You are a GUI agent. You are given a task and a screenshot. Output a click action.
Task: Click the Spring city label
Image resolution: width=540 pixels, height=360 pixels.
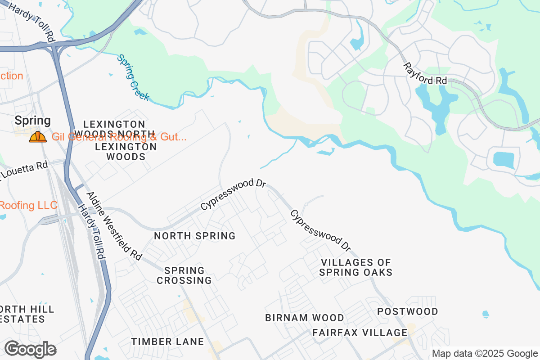tap(32, 121)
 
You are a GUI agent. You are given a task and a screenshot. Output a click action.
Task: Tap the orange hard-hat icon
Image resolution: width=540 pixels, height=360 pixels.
tap(38, 137)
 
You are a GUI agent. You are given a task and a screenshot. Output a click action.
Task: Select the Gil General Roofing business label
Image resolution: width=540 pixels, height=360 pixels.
tap(119, 137)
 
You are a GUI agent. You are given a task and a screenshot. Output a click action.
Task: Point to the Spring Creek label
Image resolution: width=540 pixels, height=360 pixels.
tap(133, 77)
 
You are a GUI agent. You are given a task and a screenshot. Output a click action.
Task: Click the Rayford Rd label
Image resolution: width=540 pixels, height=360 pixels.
tap(425, 74)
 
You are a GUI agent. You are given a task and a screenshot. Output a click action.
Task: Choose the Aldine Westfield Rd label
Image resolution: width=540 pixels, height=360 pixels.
tap(114, 226)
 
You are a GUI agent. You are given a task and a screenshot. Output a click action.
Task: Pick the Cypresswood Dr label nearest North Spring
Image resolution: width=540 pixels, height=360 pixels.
tap(234, 195)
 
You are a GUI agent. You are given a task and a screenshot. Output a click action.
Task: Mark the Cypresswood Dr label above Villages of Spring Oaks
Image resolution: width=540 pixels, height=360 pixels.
tap(320, 230)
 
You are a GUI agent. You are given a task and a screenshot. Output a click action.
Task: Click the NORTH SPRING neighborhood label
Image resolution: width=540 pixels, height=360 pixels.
tap(195, 236)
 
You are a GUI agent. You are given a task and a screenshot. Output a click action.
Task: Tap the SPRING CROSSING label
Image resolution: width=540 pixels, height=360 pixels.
tap(188, 275)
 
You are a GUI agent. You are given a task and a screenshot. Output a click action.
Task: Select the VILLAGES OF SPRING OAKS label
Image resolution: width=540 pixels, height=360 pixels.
tap(356, 267)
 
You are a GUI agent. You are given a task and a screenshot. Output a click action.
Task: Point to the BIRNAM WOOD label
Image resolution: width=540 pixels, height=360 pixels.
tap(305, 318)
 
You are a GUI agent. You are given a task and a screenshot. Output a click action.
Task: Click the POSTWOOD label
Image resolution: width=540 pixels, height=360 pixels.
tap(408, 311)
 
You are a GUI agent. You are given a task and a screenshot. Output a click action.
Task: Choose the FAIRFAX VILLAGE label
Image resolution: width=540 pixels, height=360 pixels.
tap(360, 333)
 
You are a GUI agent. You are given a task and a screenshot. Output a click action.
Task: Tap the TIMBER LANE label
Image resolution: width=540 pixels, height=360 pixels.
tap(168, 342)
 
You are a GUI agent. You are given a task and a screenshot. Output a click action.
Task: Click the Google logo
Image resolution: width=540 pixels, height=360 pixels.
tap(30, 349)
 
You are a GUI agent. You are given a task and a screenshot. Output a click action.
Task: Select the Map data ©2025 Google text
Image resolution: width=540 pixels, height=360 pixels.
tap(485, 354)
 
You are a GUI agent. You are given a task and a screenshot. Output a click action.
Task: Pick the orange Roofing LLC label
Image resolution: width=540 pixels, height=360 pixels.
tap(28, 206)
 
